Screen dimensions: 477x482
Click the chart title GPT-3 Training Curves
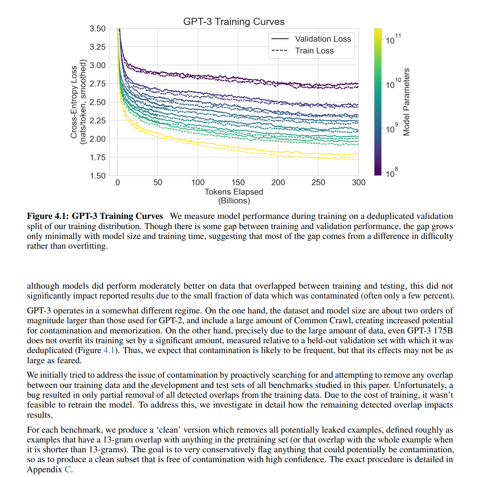click(x=234, y=22)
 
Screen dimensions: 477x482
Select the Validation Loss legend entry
click(x=323, y=39)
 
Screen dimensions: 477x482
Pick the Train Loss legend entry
click(x=314, y=51)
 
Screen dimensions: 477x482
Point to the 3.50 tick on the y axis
click(x=98, y=29)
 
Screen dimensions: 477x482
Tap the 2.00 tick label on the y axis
click(x=98, y=139)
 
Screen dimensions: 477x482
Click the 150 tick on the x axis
click(x=238, y=183)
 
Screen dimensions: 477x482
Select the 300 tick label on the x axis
click(x=358, y=183)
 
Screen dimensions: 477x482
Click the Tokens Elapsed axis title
click(x=234, y=192)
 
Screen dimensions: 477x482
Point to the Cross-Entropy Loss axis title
click(x=74, y=102)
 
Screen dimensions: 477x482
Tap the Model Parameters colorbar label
click(x=407, y=102)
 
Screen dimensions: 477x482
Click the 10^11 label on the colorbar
click(x=393, y=39)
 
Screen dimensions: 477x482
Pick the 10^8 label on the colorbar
click(x=391, y=173)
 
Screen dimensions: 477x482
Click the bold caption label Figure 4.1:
click(x=48, y=216)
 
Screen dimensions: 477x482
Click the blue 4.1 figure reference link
click(x=109, y=350)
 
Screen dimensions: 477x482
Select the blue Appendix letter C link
click(x=68, y=469)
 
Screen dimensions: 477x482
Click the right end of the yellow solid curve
click(x=358, y=154)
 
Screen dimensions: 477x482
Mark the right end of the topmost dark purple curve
click(x=358, y=84)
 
